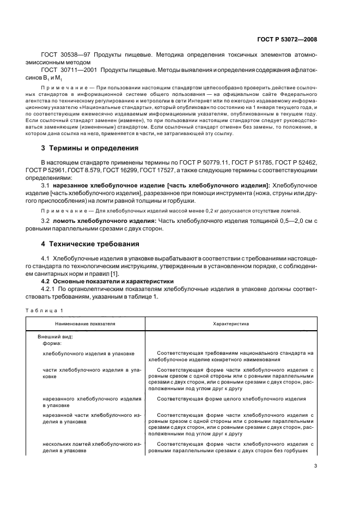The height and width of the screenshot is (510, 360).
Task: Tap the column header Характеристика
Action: click(x=231, y=323)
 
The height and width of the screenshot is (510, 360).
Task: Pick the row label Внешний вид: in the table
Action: click(x=56, y=337)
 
